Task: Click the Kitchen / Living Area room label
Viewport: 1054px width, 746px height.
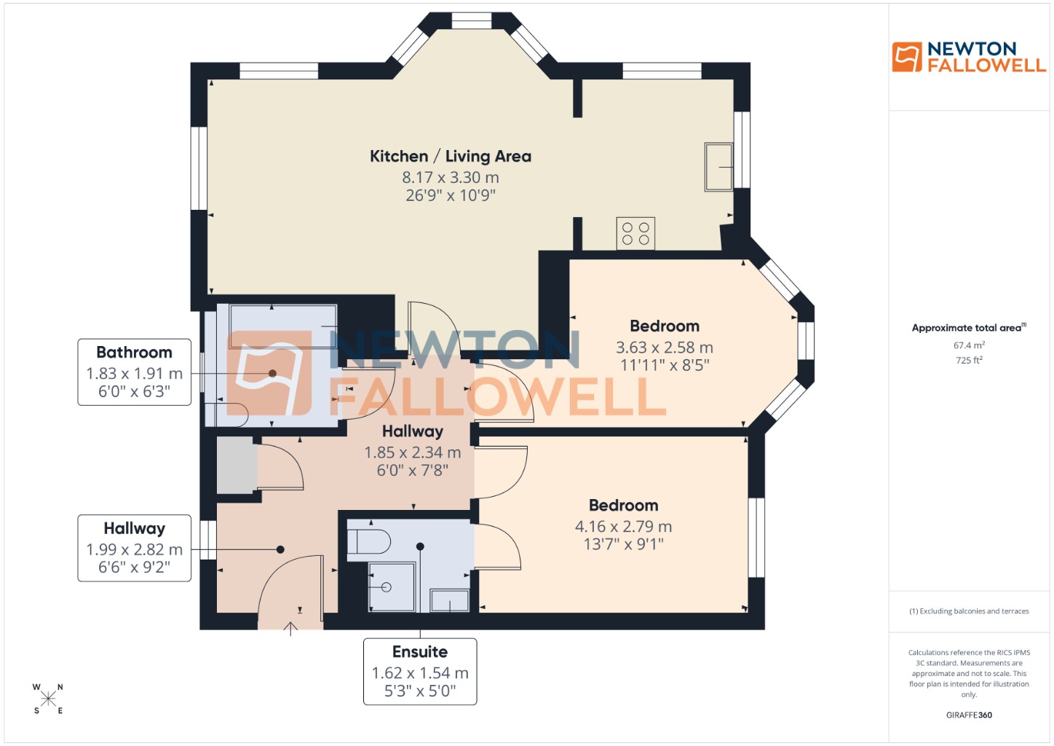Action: pos(450,157)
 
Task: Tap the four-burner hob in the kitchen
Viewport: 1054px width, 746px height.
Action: pos(635,234)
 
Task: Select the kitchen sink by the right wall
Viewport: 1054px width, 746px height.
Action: pos(718,167)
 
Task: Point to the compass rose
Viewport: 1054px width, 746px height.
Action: pos(48,699)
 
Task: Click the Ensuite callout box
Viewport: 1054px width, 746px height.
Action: pos(420,671)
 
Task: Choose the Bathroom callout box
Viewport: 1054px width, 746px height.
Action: pos(135,372)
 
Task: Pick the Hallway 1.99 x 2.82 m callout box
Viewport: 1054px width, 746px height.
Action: pos(135,548)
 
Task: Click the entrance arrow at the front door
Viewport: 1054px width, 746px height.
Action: pos(290,628)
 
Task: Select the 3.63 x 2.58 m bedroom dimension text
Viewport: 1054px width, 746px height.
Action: pos(664,348)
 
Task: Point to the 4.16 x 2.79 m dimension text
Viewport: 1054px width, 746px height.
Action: pos(623,526)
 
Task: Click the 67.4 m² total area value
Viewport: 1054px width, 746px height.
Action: pos(969,345)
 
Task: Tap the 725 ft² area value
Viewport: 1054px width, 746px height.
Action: pos(969,360)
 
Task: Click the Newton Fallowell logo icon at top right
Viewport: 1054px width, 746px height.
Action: pos(906,57)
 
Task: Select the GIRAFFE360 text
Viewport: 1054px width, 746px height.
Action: pos(969,715)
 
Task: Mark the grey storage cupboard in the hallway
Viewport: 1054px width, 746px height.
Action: pos(237,466)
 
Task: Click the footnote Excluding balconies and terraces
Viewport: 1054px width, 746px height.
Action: pos(969,611)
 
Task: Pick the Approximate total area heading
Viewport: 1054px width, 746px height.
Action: pos(968,328)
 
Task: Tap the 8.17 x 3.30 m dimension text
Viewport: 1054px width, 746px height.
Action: pos(450,177)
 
